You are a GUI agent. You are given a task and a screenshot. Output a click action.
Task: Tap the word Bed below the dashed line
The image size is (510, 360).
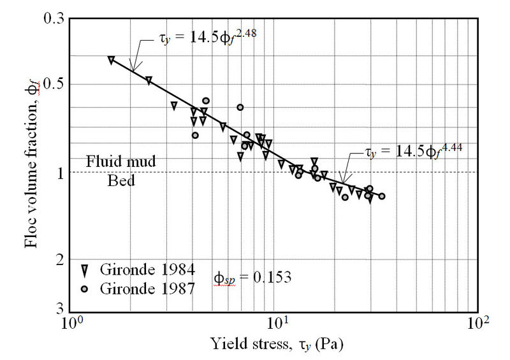pos(121,180)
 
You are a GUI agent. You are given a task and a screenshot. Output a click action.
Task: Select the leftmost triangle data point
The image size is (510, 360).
pos(111,60)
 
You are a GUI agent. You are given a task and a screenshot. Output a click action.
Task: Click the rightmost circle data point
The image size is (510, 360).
pos(382,196)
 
